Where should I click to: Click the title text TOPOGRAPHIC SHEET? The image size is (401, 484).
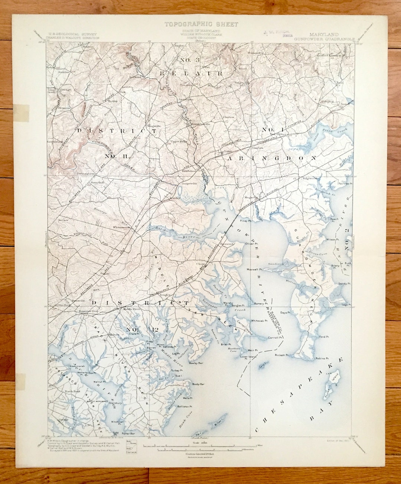[201, 24]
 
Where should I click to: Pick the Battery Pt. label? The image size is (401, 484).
[259, 304]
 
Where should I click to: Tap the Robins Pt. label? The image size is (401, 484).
[322, 359]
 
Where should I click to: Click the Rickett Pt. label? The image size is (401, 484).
[282, 355]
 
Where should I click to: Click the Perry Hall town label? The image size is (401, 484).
[96, 183]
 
